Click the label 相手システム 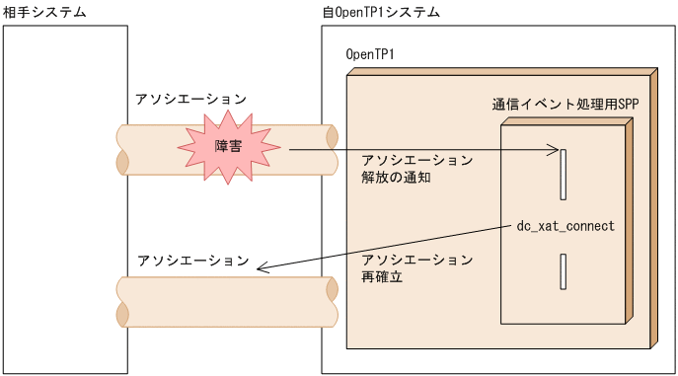(x=44, y=12)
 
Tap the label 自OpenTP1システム (x=381, y=12)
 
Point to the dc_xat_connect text (x=565, y=226)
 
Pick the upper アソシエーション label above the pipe (x=191, y=100)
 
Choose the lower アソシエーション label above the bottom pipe (x=193, y=261)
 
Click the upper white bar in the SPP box (x=564, y=174)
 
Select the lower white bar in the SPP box (x=564, y=271)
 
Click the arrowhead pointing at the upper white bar (x=554, y=150)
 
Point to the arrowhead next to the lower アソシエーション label (x=260, y=265)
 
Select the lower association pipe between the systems (x=227, y=301)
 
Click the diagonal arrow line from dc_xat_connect (x=395, y=247)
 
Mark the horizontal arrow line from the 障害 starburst (x=414, y=150)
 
